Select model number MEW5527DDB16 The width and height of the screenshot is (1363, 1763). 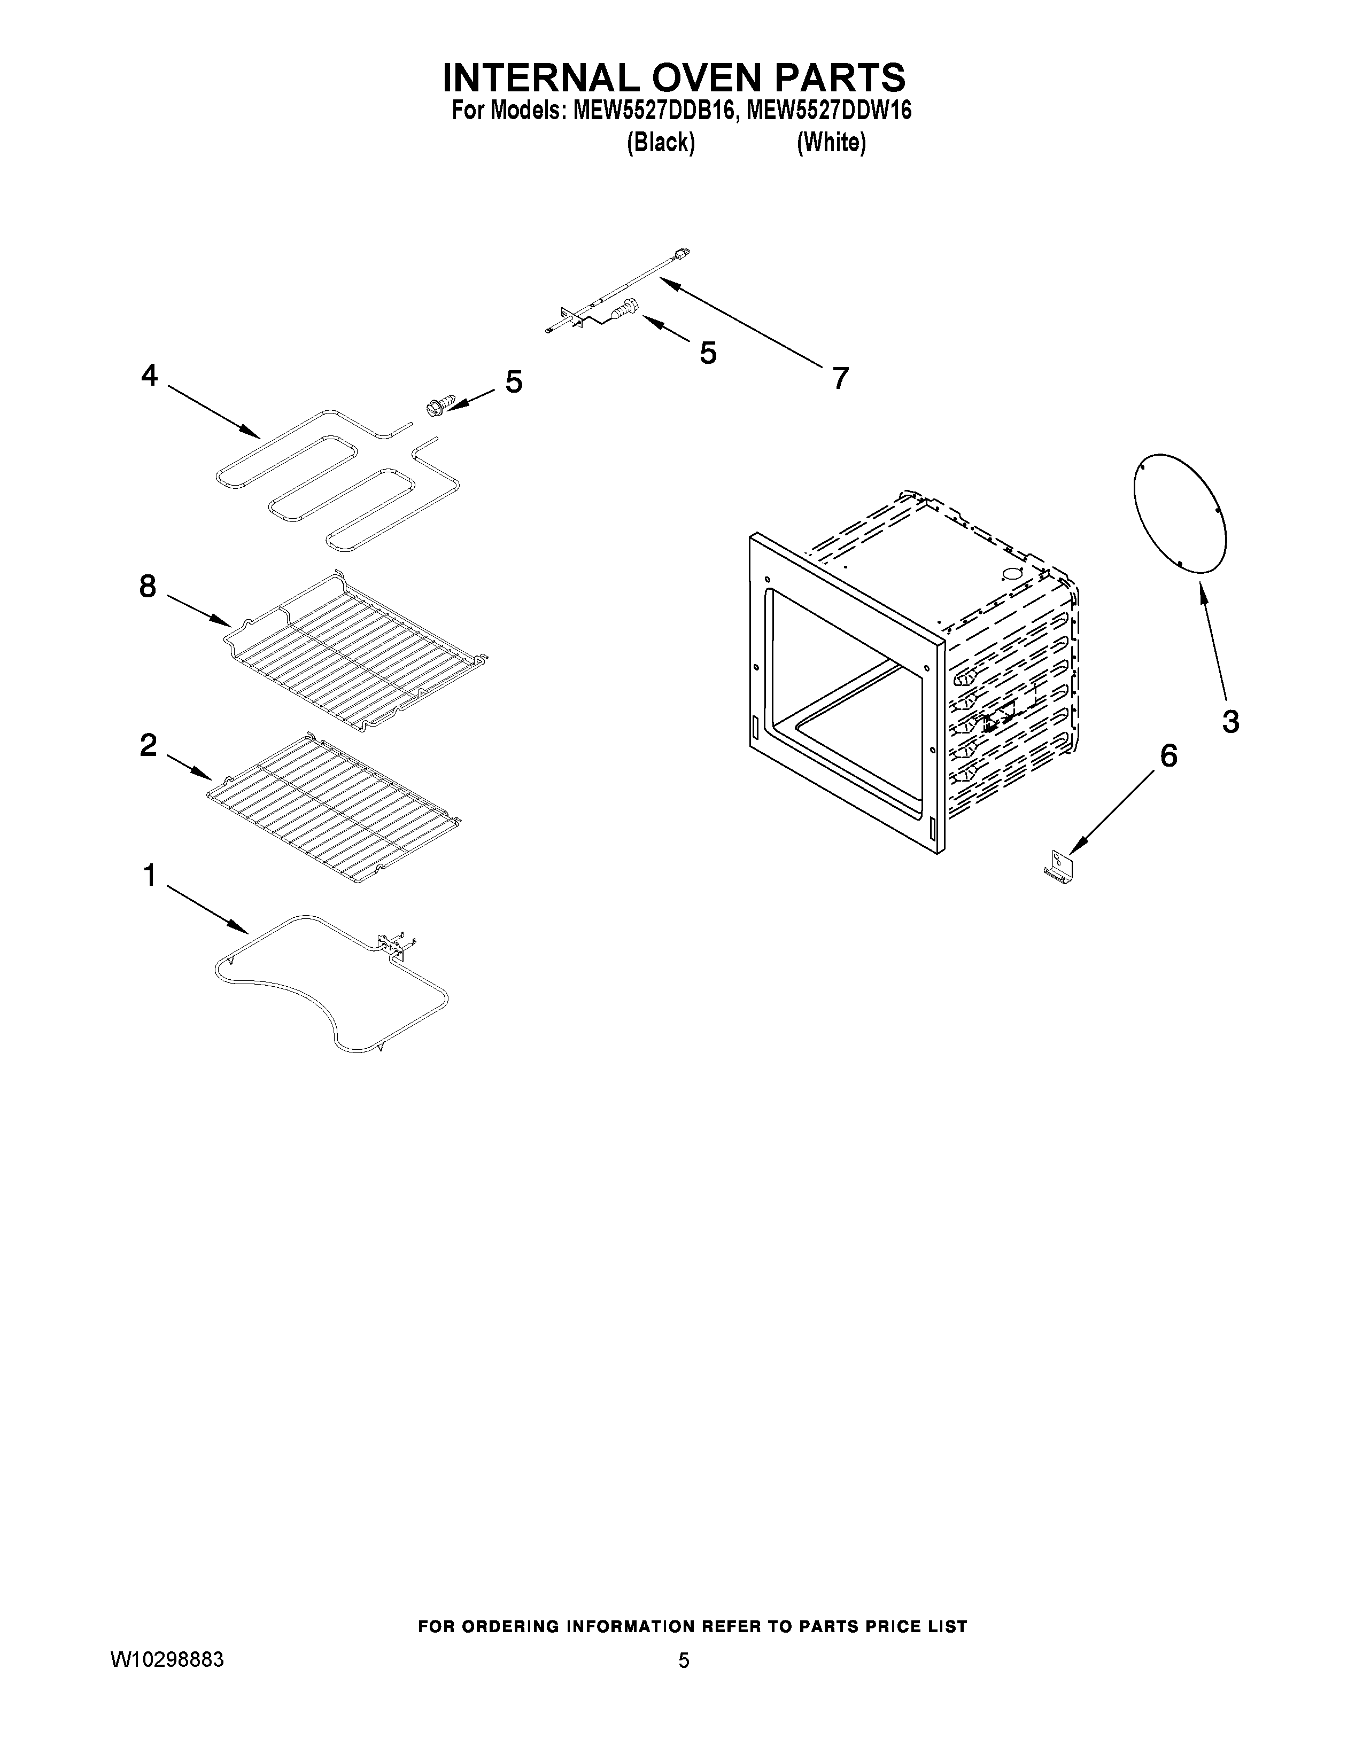(654, 111)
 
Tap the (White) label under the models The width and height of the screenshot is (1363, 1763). (831, 143)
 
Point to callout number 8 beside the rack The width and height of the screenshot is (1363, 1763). (148, 586)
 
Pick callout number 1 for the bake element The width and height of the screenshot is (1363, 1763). (149, 875)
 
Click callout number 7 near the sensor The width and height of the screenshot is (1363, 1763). (841, 378)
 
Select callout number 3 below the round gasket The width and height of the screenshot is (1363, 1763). (1230, 721)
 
